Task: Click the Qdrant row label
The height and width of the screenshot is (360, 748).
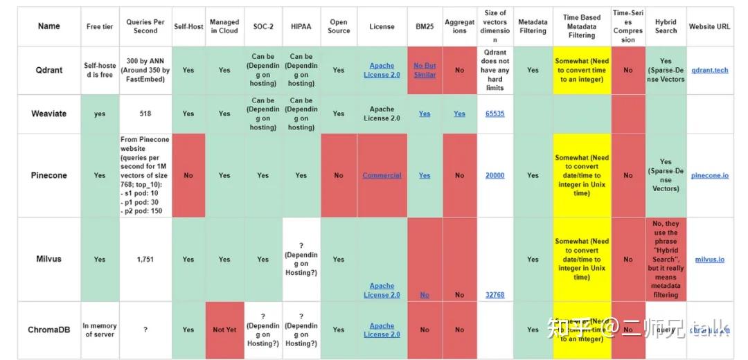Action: click(x=48, y=70)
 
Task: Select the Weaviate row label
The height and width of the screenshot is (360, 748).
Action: click(x=48, y=114)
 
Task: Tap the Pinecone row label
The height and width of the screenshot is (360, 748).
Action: click(x=48, y=175)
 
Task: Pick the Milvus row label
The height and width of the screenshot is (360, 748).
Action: click(x=48, y=259)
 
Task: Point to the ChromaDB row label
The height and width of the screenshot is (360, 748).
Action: click(x=48, y=330)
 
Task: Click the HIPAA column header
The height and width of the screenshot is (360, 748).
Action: click(x=301, y=26)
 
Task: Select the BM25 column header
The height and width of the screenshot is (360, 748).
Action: click(x=425, y=26)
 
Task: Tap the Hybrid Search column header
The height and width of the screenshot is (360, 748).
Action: click(x=666, y=26)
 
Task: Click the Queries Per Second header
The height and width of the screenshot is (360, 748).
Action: click(x=145, y=26)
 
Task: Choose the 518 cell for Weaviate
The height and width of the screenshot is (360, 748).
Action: click(x=145, y=114)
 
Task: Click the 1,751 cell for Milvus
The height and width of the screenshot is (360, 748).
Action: click(x=145, y=259)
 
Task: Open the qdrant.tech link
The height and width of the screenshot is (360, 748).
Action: click(x=710, y=70)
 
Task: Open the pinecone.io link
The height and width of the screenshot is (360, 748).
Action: click(x=710, y=175)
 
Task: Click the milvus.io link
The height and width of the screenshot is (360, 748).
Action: click(x=710, y=259)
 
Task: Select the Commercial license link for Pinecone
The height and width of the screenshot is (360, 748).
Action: click(x=382, y=175)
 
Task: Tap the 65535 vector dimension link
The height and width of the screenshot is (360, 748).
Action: click(x=495, y=114)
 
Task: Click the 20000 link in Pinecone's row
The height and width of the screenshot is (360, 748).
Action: click(x=495, y=175)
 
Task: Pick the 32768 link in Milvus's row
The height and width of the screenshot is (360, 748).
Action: click(x=495, y=294)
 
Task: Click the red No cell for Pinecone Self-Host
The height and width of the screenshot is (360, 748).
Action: click(x=188, y=175)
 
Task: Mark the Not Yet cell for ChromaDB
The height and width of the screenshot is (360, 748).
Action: click(x=224, y=330)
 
